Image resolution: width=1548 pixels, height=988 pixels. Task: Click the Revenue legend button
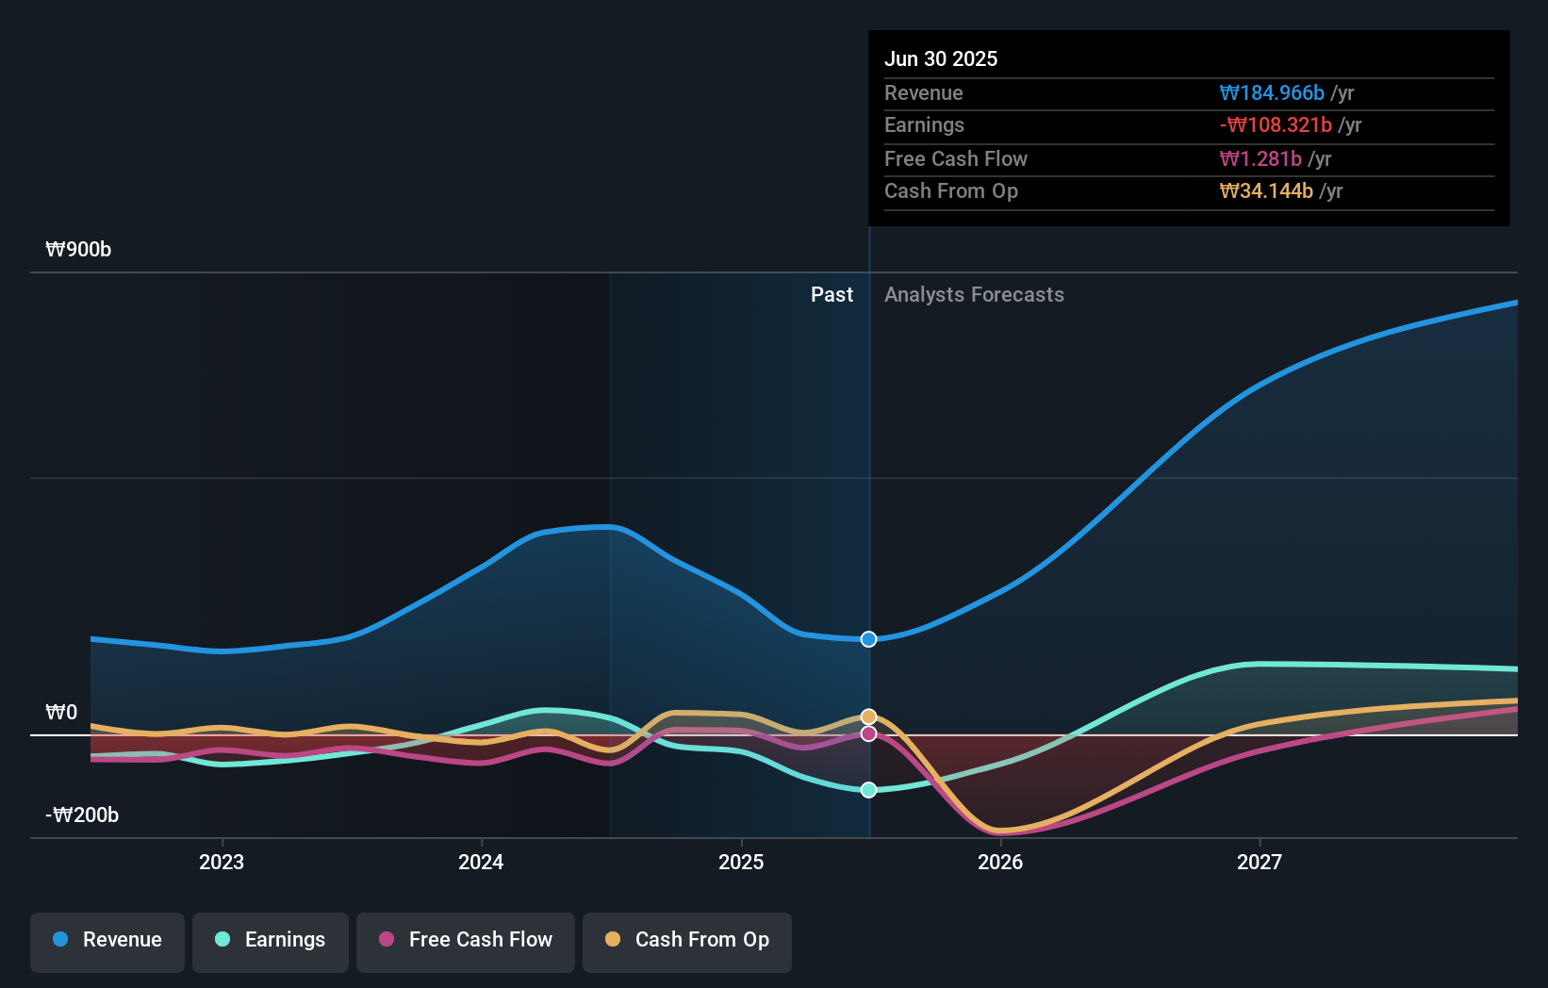(107, 940)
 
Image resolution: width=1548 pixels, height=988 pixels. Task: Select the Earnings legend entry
(271, 940)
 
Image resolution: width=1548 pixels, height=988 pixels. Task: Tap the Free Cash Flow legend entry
(466, 940)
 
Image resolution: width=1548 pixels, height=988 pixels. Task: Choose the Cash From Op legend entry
(687, 940)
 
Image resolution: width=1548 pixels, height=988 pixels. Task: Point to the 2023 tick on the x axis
(222, 862)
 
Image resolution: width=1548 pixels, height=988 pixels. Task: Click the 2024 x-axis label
(481, 862)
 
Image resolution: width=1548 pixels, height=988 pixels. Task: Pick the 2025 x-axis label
(741, 862)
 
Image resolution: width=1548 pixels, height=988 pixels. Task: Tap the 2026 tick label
(1000, 862)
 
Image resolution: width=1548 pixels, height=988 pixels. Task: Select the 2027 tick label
(1260, 862)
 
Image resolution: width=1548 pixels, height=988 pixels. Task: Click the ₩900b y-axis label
(78, 250)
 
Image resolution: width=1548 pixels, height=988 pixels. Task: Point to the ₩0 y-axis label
(61, 713)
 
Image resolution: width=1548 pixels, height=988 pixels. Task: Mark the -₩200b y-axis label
(82, 815)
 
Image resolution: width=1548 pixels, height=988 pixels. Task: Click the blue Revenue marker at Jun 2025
(869, 639)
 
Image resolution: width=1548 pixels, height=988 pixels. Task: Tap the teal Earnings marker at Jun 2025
(869, 790)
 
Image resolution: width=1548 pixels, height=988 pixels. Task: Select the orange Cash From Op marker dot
(869, 716)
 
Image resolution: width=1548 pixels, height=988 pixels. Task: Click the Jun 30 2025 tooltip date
(941, 59)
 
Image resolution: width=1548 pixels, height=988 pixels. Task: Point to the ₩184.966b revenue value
(1272, 93)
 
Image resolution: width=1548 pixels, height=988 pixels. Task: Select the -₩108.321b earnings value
(1276, 125)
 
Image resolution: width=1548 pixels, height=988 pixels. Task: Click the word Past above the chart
(832, 295)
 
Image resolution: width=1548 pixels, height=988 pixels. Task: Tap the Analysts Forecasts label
(974, 295)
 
